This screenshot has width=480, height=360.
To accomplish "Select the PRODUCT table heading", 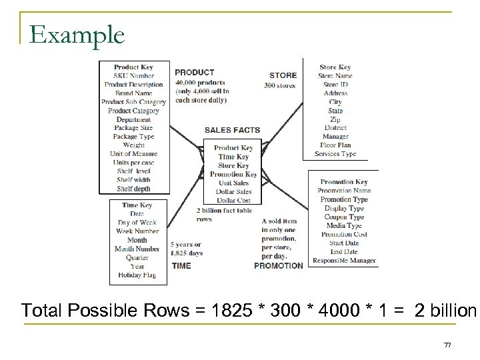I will (195, 73).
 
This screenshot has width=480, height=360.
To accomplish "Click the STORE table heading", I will (283, 75).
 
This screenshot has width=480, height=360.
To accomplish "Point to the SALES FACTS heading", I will (232, 130).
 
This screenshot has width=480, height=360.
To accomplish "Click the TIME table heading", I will (181, 265).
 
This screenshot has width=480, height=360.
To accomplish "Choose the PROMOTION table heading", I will (278, 265).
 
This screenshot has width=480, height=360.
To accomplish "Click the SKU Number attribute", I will (133, 76).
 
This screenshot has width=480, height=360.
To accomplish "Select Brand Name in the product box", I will (133, 93).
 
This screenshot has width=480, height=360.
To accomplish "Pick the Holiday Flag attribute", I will (137, 275).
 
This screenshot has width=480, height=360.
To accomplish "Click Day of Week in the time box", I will (137, 223).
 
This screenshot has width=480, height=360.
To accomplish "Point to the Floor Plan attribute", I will (336, 145).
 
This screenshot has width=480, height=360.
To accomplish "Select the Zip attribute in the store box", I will (335, 119).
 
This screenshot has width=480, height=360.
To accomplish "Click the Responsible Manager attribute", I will (344, 261).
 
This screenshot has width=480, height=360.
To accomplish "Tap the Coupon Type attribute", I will (344, 217).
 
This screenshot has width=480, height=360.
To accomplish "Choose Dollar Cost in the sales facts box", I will (233, 200).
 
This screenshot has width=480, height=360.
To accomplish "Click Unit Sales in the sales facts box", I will (233, 183).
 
